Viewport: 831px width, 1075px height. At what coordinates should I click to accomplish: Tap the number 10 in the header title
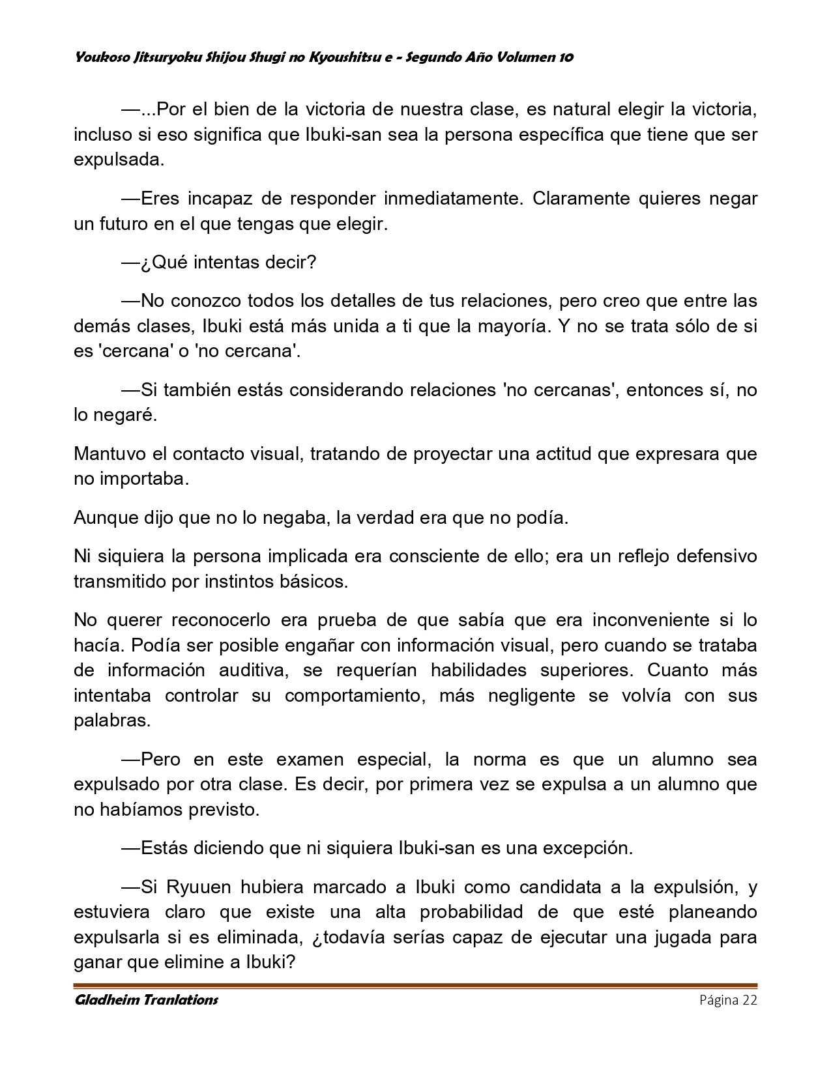[x=566, y=57]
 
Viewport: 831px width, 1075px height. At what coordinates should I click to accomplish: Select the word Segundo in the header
[x=435, y=57]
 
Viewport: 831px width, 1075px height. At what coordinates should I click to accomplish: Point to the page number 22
[x=749, y=1000]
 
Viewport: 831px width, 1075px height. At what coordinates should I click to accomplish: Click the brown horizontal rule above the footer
[x=415, y=985]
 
